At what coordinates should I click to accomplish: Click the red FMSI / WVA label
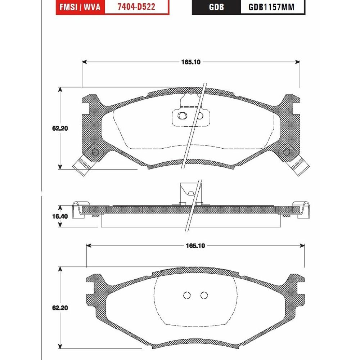coord(80,7)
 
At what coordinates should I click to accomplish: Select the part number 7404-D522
coord(136,7)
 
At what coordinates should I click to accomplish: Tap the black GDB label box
coord(216,7)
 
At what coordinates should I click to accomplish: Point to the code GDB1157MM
coord(271,7)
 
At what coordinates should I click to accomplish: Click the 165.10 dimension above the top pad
coord(191,62)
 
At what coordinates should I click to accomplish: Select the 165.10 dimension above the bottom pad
coord(195,246)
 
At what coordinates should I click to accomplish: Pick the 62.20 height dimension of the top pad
coord(60,129)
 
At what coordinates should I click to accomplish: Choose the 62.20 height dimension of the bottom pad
coord(60,308)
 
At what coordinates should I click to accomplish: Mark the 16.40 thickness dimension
coord(60,216)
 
